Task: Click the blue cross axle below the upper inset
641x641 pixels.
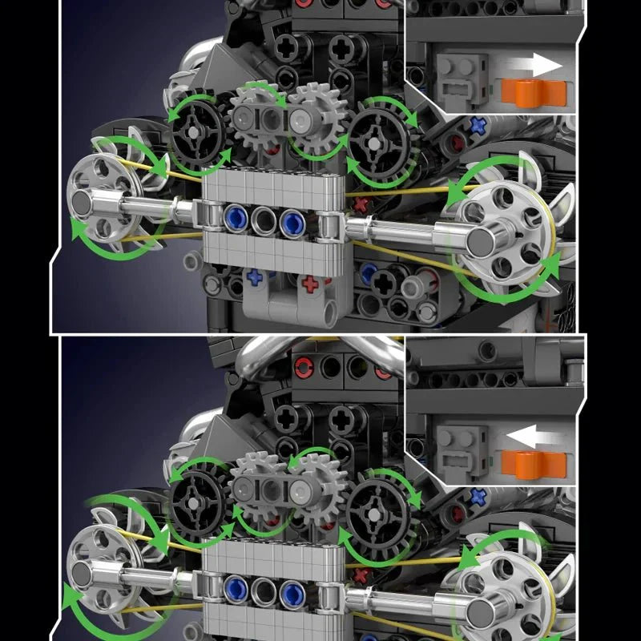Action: [478, 126]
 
